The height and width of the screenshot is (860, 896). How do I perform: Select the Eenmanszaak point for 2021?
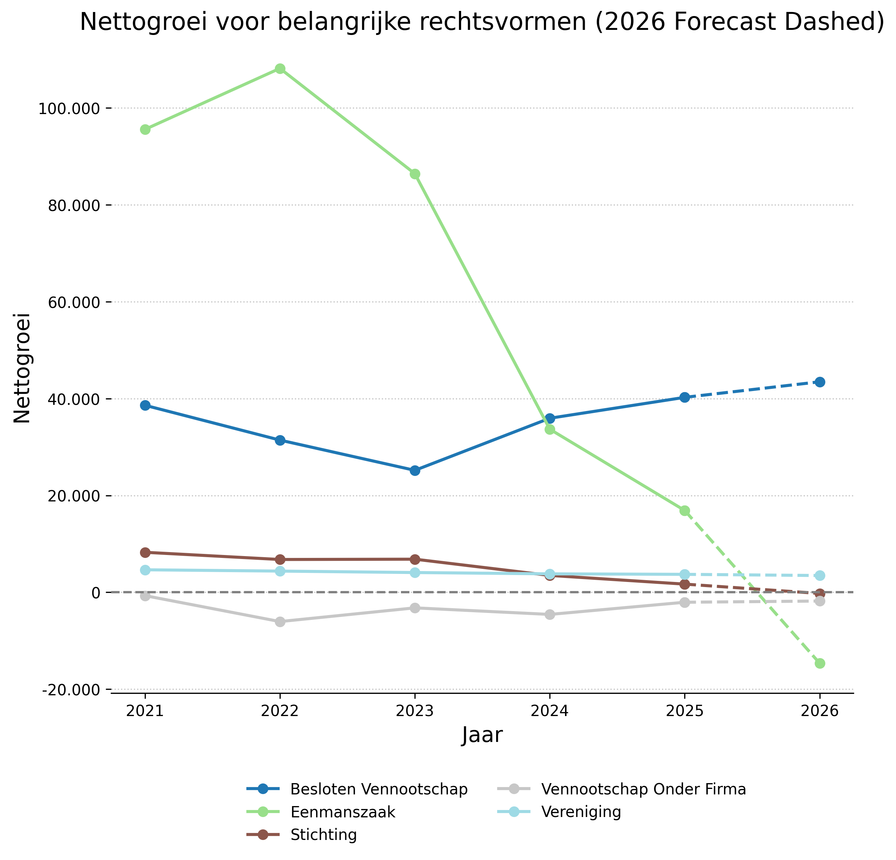pos(145,130)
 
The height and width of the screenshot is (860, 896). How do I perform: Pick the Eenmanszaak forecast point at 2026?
pos(820,664)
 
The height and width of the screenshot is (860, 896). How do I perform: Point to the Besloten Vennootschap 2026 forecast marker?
pos(820,382)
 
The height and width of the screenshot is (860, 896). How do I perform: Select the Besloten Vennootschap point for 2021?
pos(145,405)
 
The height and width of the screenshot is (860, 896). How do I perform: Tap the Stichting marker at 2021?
pos(145,552)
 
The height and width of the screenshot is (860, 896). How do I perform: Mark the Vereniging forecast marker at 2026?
pos(820,575)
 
